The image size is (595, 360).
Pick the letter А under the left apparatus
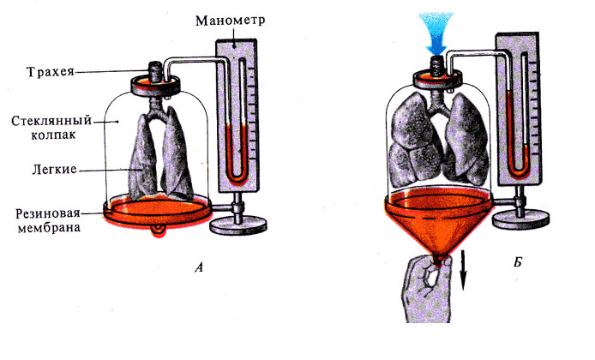(200, 267)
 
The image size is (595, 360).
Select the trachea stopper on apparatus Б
(440, 63)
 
